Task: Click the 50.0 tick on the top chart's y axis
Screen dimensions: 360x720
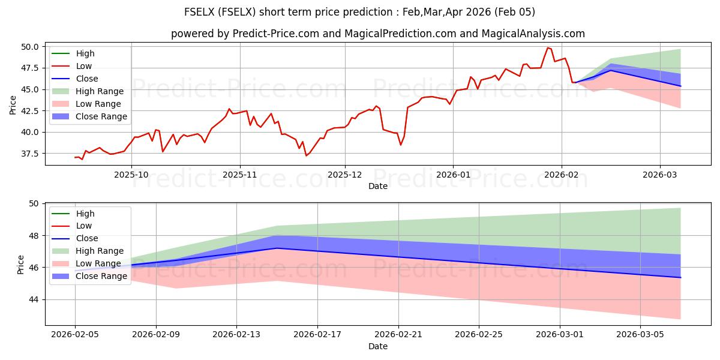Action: tap(31, 46)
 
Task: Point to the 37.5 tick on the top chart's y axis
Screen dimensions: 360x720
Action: tap(31, 154)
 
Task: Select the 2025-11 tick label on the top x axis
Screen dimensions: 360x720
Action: tap(240, 175)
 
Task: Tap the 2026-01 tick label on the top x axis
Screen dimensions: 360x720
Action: tap(452, 175)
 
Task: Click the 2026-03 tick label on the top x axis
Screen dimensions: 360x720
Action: tap(660, 175)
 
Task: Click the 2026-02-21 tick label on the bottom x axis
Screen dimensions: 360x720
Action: tap(398, 335)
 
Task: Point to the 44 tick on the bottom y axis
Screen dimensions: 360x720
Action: tap(35, 299)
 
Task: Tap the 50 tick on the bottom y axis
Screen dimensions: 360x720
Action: tap(35, 204)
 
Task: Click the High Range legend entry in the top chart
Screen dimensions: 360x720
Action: tap(100, 91)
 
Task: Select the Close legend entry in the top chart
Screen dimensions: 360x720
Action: tap(87, 79)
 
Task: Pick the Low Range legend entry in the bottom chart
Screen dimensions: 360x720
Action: tap(98, 264)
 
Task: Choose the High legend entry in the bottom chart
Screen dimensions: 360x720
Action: tap(85, 214)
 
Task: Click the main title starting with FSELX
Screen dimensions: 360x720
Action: tap(360, 12)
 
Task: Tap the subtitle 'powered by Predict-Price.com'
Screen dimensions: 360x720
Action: tap(378, 34)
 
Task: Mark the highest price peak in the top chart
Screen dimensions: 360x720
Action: tap(547, 47)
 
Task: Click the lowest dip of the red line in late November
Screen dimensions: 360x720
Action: tap(306, 156)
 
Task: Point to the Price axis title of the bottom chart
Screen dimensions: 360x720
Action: tap(21, 265)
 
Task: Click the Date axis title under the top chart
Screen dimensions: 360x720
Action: tap(378, 186)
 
